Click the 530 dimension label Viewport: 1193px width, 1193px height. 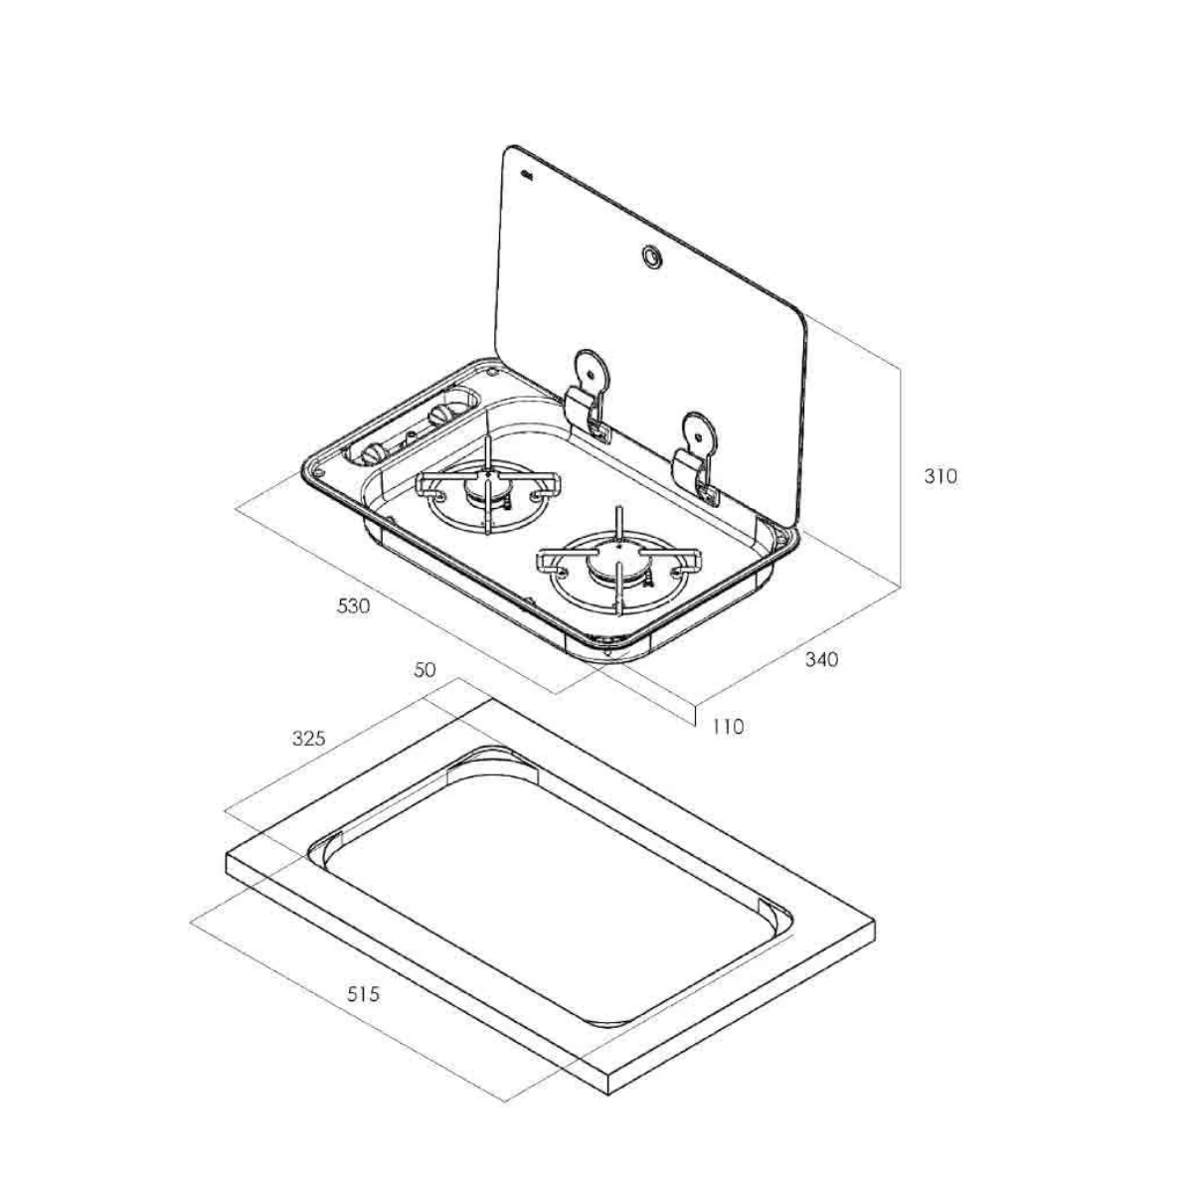pos(354,606)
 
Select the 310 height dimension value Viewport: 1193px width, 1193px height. pos(940,477)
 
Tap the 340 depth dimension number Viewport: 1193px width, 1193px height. pos(821,659)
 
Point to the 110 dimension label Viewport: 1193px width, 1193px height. pos(728,726)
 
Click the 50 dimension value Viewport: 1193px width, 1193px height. pos(425,670)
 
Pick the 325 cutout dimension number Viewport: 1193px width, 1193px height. pos(308,738)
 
